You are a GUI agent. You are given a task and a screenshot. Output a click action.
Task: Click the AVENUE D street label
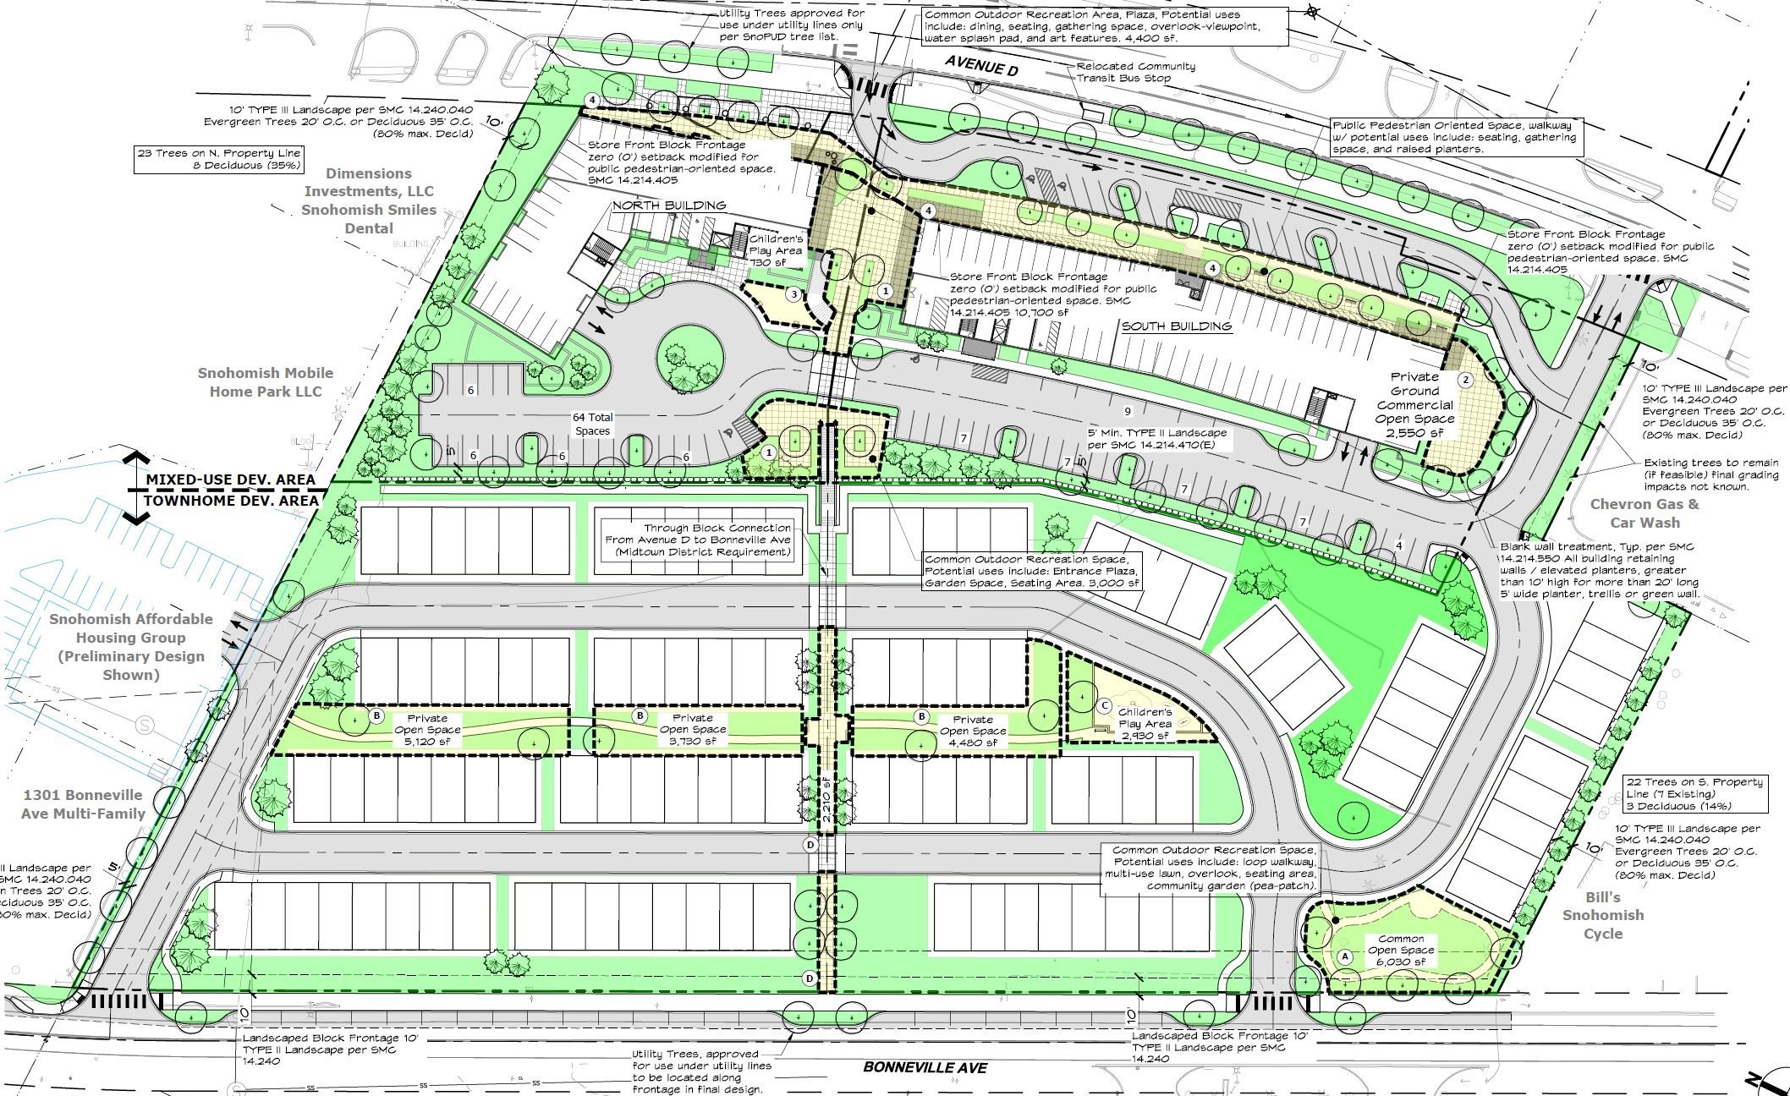[x=981, y=63]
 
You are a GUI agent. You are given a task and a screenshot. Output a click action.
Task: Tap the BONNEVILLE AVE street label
[x=925, y=1067]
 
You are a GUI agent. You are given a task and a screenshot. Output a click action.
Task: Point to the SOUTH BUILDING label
[x=1176, y=326]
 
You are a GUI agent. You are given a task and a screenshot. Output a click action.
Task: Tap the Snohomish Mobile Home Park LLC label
[x=266, y=382]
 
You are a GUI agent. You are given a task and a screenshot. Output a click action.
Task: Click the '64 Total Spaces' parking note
[x=592, y=424]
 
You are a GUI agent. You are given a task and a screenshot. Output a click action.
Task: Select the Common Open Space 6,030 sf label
[x=1401, y=950]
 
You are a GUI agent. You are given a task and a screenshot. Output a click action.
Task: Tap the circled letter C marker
[x=1104, y=705]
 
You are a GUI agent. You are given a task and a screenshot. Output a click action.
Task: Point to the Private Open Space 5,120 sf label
[x=427, y=730]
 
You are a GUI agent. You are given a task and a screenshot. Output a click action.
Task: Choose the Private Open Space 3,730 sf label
[x=692, y=730]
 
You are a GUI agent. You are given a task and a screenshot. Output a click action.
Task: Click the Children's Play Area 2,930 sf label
[x=1145, y=724]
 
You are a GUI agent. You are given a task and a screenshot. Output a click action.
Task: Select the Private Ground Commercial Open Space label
[x=1414, y=404]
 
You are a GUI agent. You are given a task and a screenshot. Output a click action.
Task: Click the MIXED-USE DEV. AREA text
[x=230, y=479]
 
